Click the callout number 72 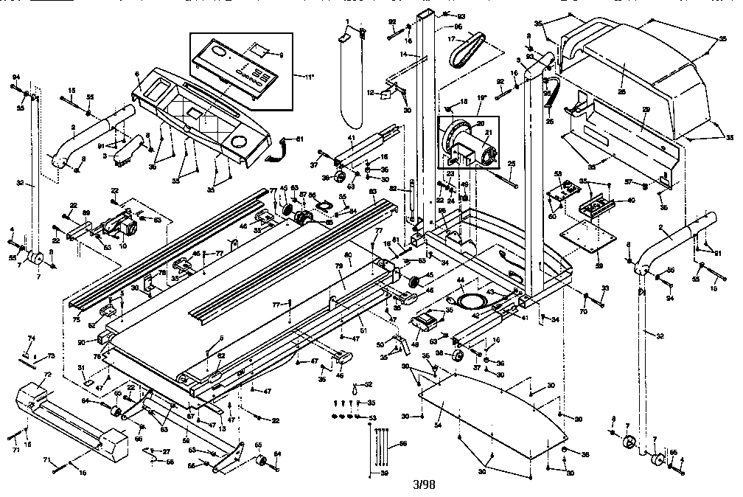47,375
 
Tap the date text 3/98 425,484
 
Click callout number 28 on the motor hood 621,72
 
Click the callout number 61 299,139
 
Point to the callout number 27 166,451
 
